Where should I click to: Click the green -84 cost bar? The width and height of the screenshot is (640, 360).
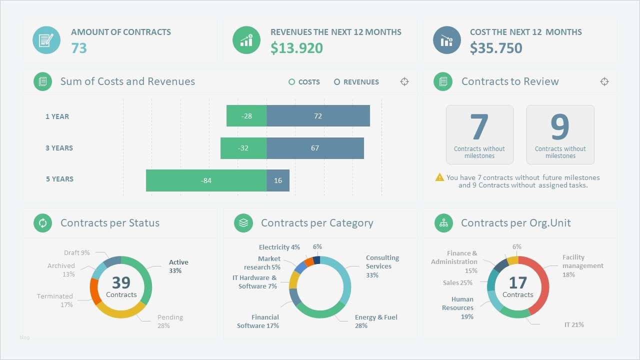click(x=206, y=180)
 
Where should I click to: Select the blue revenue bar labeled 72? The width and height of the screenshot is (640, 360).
click(x=318, y=116)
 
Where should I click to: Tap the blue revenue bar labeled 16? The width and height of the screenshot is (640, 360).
click(x=278, y=180)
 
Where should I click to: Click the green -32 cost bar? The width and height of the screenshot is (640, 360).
click(x=243, y=148)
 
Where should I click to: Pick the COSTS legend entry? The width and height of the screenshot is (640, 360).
click(x=304, y=82)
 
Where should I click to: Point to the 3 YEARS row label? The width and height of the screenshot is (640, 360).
click(x=59, y=148)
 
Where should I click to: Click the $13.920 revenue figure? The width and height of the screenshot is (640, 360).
click(x=296, y=48)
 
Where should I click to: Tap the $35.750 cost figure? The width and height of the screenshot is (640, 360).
click(x=496, y=48)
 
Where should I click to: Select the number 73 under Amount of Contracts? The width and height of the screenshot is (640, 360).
click(x=79, y=48)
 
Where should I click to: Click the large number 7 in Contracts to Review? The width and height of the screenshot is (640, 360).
click(x=479, y=127)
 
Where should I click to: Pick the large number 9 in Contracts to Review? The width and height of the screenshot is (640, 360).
click(x=560, y=127)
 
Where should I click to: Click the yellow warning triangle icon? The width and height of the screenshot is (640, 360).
click(x=439, y=177)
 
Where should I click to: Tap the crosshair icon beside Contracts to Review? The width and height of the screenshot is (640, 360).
click(x=604, y=81)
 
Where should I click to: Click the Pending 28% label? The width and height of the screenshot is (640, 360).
click(x=170, y=321)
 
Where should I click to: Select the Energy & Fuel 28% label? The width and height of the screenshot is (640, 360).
click(x=376, y=321)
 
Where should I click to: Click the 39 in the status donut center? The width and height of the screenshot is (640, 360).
click(x=121, y=282)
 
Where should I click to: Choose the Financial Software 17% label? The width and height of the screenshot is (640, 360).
click(x=258, y=321)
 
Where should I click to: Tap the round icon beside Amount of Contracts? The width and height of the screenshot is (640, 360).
click(x=46, y=40)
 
